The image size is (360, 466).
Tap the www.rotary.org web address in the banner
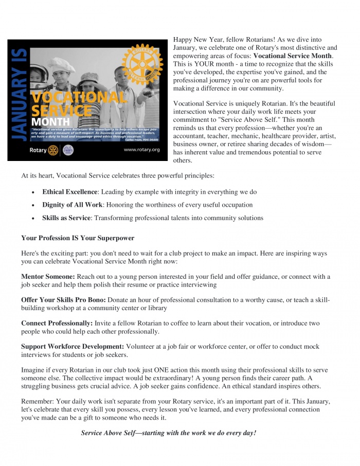tap(142, 150)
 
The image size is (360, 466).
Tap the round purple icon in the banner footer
tap(68, 150)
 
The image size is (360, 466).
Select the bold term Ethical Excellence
tap(69, 192)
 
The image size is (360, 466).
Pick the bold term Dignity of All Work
tap(72, 205)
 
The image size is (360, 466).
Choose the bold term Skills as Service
tap(66, 218)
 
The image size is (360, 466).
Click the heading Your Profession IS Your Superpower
tap(78, 238)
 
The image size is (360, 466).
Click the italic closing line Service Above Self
tap(168, 433)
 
